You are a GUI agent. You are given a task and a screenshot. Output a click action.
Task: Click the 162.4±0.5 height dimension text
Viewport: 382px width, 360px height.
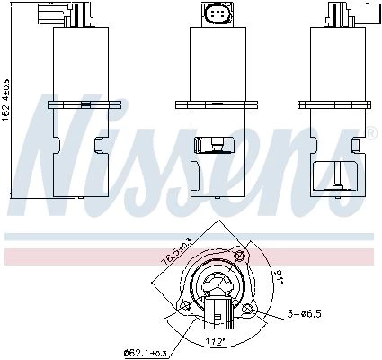pos(6,101)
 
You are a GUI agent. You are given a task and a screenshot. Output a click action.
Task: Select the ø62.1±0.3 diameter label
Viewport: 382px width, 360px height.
pos(146,354)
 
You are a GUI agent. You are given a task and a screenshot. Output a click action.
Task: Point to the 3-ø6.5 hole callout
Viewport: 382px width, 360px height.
pos(304,314)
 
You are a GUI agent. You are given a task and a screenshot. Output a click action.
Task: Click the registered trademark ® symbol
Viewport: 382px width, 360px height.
pos(370,133)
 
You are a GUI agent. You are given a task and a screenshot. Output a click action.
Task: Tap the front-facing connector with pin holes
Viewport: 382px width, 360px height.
pos(218,13)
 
